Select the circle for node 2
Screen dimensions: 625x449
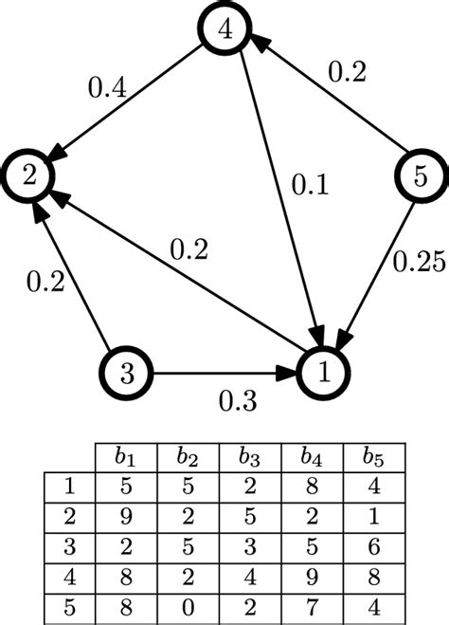coord(28,174)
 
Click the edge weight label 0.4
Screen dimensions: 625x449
coord(107,90)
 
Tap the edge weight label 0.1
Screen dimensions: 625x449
coord(309,185)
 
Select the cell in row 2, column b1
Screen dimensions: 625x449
coord(125,518)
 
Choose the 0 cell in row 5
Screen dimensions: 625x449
coord(188,604)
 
